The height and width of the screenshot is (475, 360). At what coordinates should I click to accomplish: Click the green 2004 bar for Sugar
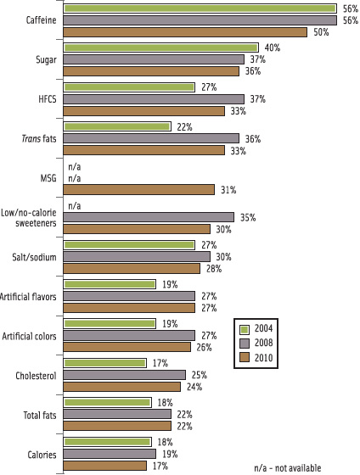coord(161,47)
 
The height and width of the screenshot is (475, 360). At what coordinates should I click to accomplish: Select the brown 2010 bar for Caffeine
coord(185,32)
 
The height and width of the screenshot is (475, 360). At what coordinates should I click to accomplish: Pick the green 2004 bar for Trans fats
coord(118,126)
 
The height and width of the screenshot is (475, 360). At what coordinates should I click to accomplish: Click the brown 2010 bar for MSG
coord(139,189)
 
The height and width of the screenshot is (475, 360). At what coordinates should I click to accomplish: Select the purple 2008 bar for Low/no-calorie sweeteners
coord(149,217)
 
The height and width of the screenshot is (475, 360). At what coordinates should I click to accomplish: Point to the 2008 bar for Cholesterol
coord(125,375)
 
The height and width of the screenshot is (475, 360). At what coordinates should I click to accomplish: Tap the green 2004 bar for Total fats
coord(108,403)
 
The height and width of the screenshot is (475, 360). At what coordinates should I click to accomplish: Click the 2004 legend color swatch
coord(244,329)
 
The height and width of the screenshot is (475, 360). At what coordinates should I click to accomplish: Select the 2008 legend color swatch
coord(244,344)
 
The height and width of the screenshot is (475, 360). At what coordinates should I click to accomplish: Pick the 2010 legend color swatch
coord(244,358)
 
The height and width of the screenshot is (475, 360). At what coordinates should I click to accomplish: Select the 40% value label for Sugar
coord(272,48)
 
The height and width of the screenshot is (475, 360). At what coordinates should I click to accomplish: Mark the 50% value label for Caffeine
coord(320,32)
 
